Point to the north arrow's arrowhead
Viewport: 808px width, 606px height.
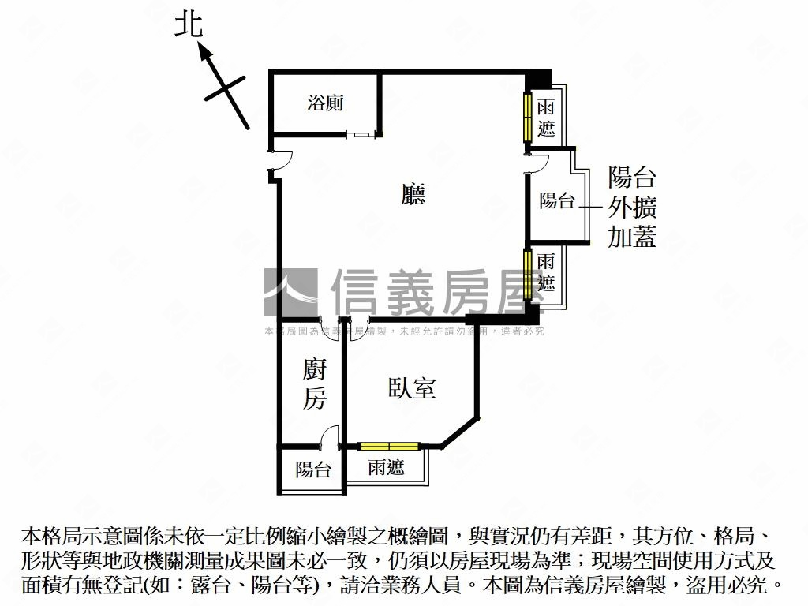coord(204,53)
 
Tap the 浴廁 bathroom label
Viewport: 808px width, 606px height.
coord(325,103)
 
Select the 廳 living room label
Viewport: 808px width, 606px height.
coord(413,194)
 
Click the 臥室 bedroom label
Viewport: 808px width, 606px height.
coord(413,387)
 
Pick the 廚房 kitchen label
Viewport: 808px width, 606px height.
coord(314,384)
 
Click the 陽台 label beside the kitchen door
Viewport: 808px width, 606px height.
coord(313,470)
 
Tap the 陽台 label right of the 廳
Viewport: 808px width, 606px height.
coord(557,200)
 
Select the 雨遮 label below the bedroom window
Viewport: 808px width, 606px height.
coord(386,468)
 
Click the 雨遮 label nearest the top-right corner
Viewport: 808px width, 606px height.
coord(546,117)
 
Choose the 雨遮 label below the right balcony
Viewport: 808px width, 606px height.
coord(546,272)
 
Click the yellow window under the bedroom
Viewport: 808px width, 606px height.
coord(390,447)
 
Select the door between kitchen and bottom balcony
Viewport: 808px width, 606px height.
coord(331,437)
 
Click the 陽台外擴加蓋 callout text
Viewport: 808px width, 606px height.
coord(632,207)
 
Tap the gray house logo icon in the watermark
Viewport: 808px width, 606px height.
coord(290,293)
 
